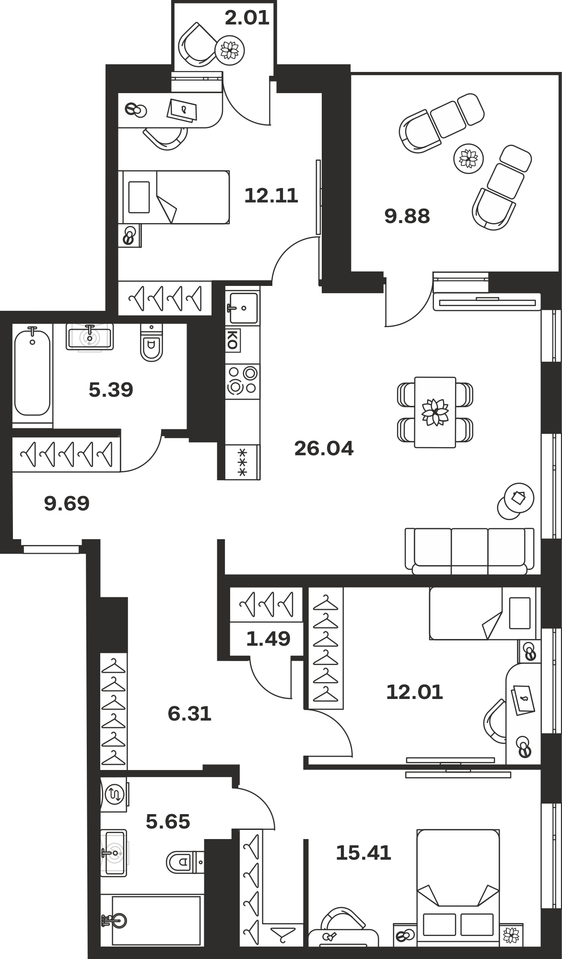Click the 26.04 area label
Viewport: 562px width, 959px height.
[324, 449]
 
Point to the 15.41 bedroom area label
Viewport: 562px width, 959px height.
[363, 853]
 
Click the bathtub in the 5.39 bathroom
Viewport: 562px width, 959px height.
[32, 371]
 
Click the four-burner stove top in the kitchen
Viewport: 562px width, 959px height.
[243, 379]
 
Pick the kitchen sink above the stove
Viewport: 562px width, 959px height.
[243, 308]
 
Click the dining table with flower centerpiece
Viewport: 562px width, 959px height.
[435, 412]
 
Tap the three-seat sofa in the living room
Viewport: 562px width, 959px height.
[469, 551]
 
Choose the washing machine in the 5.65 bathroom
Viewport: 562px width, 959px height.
[114, 794]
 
